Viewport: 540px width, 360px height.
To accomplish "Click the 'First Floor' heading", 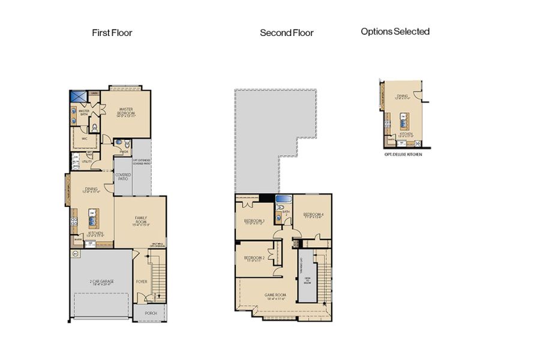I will point(112,32).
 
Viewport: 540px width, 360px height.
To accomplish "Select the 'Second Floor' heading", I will point(286,33).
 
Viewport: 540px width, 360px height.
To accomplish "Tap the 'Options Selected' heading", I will point(395,31).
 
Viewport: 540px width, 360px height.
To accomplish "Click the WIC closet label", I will point(85,137).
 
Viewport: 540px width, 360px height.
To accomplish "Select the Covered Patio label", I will point(123,176).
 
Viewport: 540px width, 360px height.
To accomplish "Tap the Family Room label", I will point(140,220).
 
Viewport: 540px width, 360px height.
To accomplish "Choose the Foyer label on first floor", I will point(142,280).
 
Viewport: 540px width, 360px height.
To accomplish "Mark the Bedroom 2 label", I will point(254,259).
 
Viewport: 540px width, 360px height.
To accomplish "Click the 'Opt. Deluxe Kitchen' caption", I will point(403,154).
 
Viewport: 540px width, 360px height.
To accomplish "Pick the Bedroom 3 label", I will point(254,221).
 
